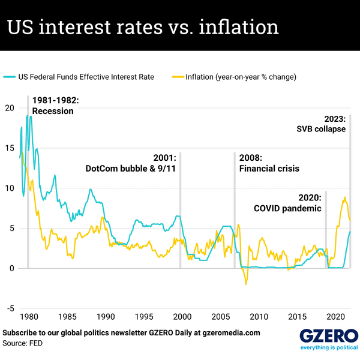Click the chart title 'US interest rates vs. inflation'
pos(142,27)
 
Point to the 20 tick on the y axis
pos(8,108)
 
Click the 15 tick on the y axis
pos(8,148)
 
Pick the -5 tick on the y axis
pos(8,308)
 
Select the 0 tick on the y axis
pos(10,268)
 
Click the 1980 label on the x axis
pos(28,316)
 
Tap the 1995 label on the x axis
pos(144,316)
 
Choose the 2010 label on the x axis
pos(259,316)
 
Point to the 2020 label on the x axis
pos(336,316)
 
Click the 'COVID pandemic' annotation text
pos(287,209)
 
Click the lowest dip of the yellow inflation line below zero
pos(245,284)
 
